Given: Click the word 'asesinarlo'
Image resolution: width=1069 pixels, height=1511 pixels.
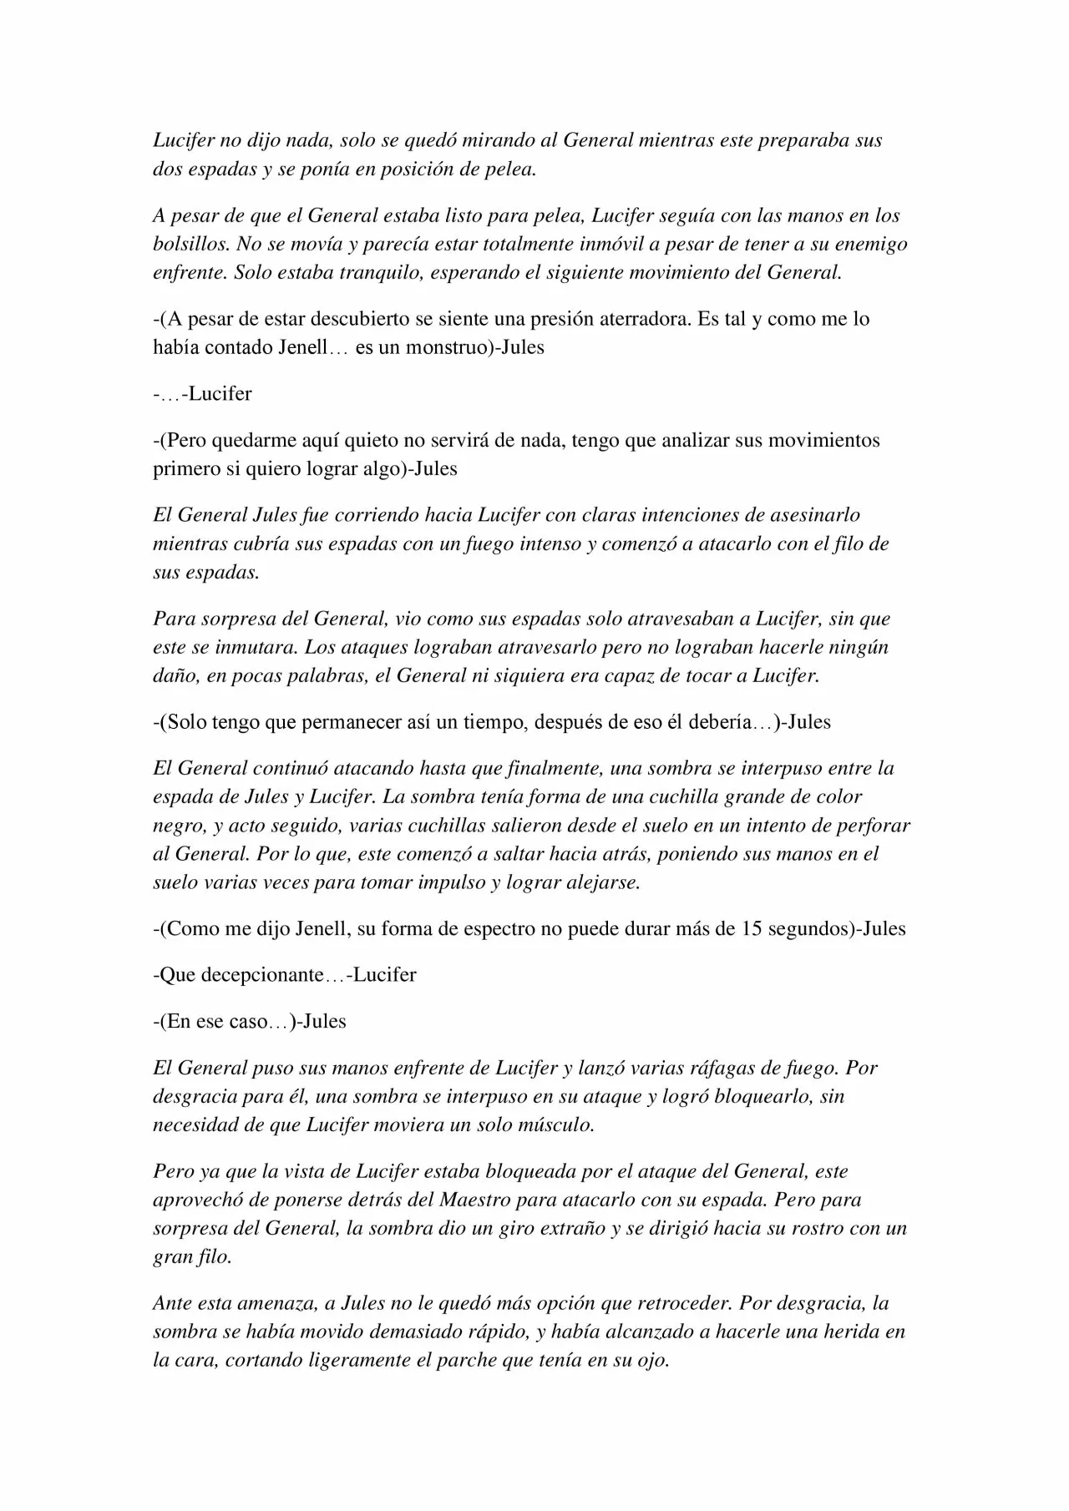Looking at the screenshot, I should pos(809,515).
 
